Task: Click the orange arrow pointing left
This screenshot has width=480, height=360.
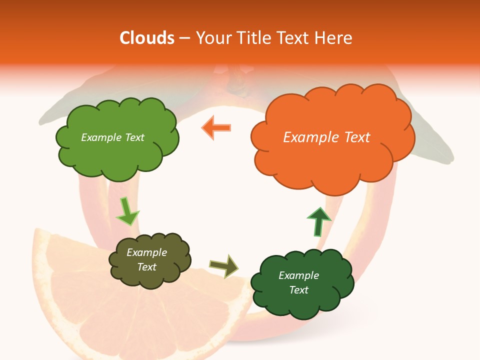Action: click(x=217, y=127)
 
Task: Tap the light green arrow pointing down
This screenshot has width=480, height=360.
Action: click(x=127, y=211)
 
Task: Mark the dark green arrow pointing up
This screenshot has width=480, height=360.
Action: click(x=318, y=221)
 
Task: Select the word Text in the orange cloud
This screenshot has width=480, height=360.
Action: click(x=357, y=137)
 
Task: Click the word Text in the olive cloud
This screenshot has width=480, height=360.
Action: click(x=147, y=267)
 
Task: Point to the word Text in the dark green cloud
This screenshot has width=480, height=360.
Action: click(x=298, y=290)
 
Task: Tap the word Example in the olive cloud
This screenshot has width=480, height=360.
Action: click(x=147, y=252)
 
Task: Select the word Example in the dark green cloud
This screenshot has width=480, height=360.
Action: click(x=298, y=275)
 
